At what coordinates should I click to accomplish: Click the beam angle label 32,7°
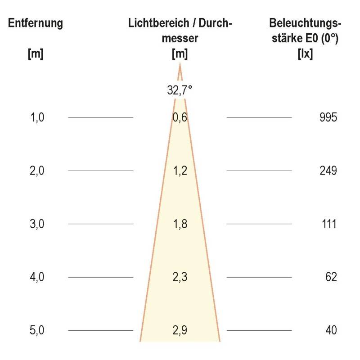point(180,90)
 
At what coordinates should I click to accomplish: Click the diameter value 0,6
point(180,118)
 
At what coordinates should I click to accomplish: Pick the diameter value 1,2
point(180,171)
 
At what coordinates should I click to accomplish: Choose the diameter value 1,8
point(180,224)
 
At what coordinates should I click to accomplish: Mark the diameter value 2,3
point(180,277)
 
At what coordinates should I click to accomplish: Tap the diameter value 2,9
point(180,330)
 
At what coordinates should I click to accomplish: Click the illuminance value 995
point(327,118)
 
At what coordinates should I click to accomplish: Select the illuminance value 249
point(327,171)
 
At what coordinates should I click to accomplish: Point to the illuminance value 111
point(328,224)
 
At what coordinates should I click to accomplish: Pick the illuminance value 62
point(331,277)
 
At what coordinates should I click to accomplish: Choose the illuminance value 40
point(331,330)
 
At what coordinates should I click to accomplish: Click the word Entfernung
point(36,23)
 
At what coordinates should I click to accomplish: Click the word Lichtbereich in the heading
point(154,23)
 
